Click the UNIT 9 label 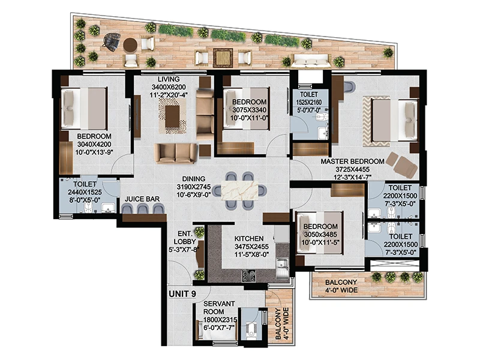182,294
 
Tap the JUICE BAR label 142,199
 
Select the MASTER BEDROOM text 352,161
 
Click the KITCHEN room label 249,238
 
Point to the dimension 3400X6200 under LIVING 169,87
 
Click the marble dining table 239,191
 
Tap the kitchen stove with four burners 249,275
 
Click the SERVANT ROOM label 219,308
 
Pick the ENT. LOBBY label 185,238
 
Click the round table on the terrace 130,44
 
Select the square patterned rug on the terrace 223,58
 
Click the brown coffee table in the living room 172,116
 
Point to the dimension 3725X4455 352,169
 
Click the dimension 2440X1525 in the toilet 85,192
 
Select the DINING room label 194,179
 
